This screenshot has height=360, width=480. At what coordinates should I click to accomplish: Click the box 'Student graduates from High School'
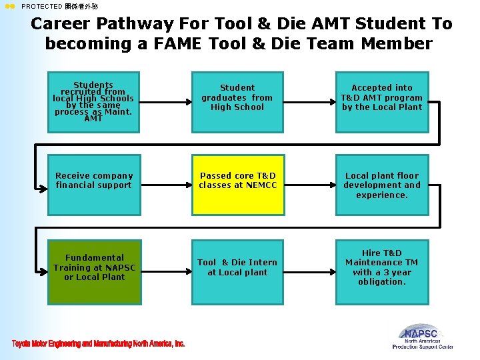(237, 97)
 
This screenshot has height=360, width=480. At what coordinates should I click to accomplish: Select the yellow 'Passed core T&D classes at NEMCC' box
(237, 185)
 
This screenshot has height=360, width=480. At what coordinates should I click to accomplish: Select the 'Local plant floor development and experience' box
(381, 185)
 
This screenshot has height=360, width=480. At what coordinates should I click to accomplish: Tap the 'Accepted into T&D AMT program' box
(381, 97)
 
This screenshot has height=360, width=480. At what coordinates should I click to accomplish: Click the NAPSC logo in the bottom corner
(423, 336)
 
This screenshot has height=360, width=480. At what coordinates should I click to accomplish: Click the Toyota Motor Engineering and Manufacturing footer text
(98, 343)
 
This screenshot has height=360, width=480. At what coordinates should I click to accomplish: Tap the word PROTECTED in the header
(42, 6)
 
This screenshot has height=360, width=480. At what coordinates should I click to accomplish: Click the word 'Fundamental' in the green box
(95, 257)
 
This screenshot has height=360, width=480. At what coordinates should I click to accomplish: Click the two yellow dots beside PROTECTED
(9, 6)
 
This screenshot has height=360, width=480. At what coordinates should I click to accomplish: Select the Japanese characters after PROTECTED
(81, 6)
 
